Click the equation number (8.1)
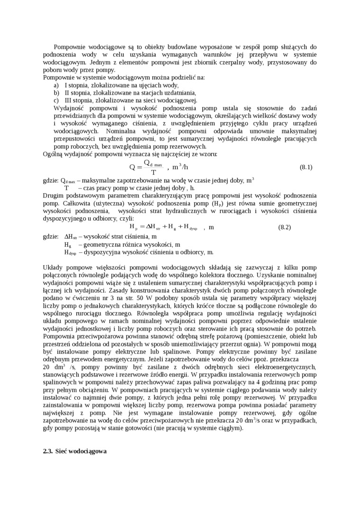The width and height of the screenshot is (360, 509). pyautogui.click(x=306, y=167)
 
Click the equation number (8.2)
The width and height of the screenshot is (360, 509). pyautogui.click(x=284, y=227)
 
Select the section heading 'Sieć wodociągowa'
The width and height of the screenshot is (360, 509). pyautogui.click(x=81, y=452)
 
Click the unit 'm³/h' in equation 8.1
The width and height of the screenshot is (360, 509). pyautogui.click(x=180, y=167)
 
